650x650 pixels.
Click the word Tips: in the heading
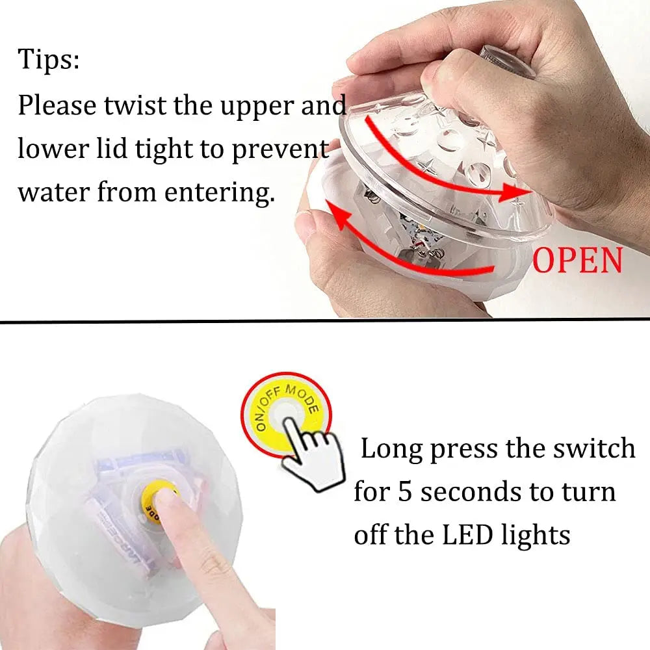[49, 59]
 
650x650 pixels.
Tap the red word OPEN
[577, 260]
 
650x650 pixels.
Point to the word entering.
[220, 194]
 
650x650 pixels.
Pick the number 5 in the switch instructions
[404, 492]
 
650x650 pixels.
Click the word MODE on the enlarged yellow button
[303, 398]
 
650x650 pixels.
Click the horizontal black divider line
[325, 320]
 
